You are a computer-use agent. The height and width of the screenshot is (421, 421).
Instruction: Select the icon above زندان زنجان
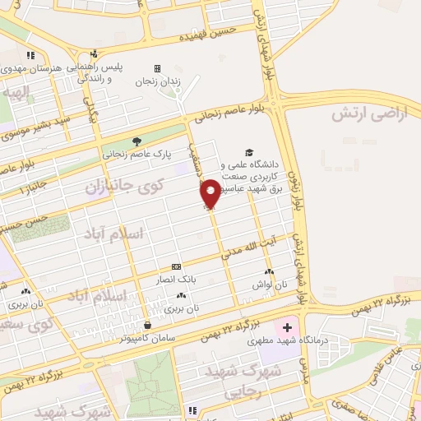[157, 68]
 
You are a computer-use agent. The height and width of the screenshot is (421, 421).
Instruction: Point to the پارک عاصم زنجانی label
[136, 153]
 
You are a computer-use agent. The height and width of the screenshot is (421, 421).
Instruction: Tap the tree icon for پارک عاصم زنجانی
[136, 141]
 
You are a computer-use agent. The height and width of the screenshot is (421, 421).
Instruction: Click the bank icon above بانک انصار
[177, 267]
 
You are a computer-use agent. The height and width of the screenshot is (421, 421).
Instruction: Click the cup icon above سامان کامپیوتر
[146, 325]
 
